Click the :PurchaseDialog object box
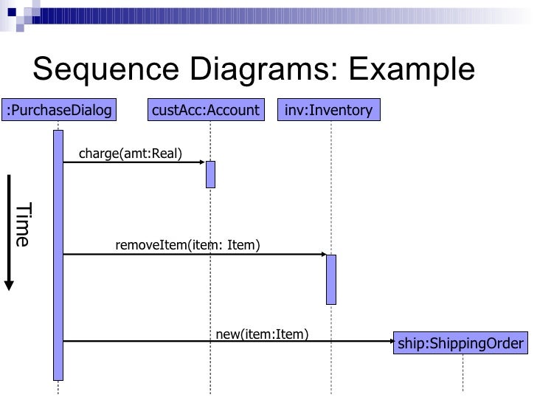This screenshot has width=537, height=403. tap(58, 111)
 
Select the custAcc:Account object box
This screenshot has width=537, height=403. tap(206, 111)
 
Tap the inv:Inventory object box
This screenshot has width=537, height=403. tap(330, 111)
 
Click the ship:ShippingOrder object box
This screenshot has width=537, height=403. tap(461, 343)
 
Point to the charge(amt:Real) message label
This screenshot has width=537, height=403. tap(131, 154)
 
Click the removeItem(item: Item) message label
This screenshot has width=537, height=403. tap(187, 245)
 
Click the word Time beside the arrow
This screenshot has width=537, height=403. tap(23, 224)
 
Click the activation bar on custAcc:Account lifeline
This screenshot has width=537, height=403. tap(210, 174)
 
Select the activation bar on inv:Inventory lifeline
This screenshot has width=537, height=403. tap(331, 279)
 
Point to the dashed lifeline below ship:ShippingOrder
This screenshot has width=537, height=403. tap(463, 373)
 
